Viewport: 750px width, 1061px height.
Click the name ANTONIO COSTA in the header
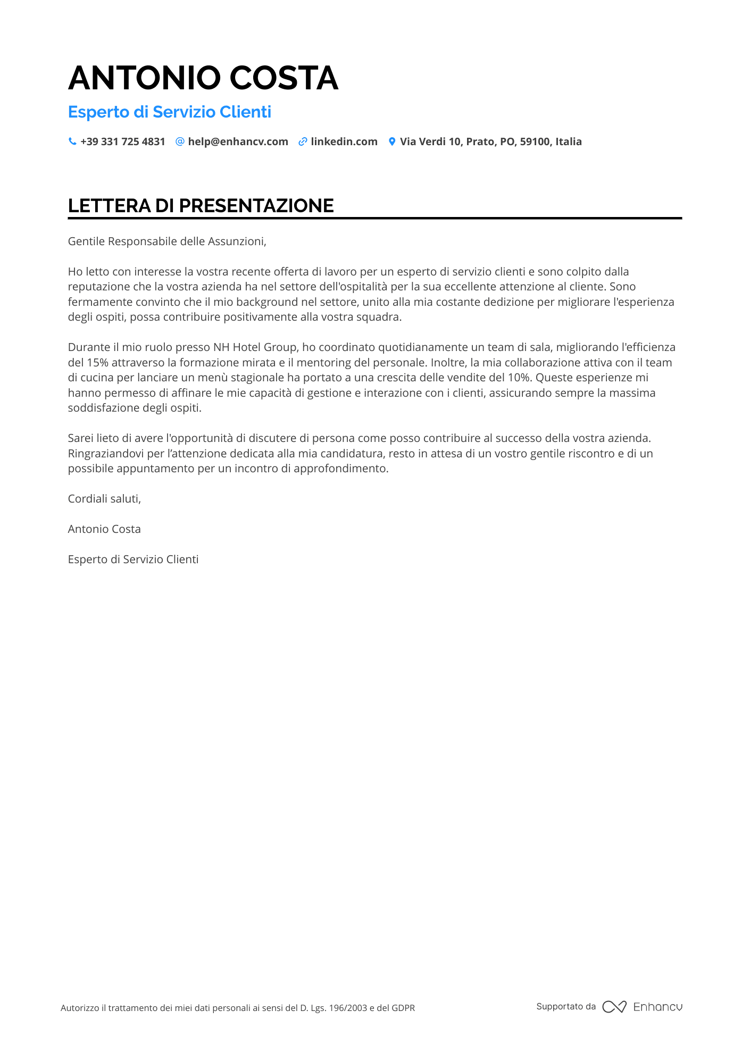pyautogui.click(x=203, y=78)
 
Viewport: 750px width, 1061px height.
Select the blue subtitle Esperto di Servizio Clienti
pyautogui.click(x=170, y=112)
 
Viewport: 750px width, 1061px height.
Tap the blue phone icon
pyautogui.click(x=72, y=141)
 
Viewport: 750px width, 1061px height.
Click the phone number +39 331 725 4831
pyautogui.click(x=123, y=141)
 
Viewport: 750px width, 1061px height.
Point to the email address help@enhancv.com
pyautogui.click(x=238, y=141)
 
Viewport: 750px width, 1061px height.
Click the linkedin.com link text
pyautogui.click(x=344, y=141)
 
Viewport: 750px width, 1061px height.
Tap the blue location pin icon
pyautogui.click(x=392, y=141)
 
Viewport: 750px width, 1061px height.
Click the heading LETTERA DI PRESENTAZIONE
pyautogui.click(x=201, y=206)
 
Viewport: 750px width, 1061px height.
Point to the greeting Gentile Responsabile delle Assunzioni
pyautogui.click(x=167, y=241)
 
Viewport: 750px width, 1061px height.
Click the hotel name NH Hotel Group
pyautogui.click(x=255, y=347)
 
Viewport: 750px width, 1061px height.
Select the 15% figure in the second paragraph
pyautogui.click(x=97, y=363)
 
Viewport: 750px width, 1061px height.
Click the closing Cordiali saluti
pyautogui.click(x=104, y=499)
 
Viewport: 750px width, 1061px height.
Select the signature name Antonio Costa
pyautogui.click(x=104, y=529)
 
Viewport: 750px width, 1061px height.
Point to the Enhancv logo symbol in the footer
pyautogui.click(x=614, y=1007)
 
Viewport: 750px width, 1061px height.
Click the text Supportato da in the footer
pyautogui.click(x=566, y=1007)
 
